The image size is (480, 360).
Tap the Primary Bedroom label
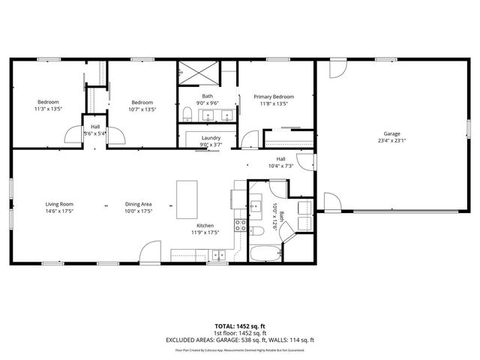click(273, 97)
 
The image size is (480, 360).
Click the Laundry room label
click(211, 138)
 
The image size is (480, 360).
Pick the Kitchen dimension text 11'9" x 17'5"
click(205, 232)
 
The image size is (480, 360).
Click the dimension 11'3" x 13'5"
click(49, 109)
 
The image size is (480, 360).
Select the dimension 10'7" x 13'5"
click(142, 109)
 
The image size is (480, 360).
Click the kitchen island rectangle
click(187, 197)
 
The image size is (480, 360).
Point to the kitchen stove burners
click(241, 223)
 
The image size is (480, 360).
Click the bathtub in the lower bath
click(263, 253)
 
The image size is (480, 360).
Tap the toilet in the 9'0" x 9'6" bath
click(186, 114)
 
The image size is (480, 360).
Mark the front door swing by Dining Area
click(151, 253)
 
